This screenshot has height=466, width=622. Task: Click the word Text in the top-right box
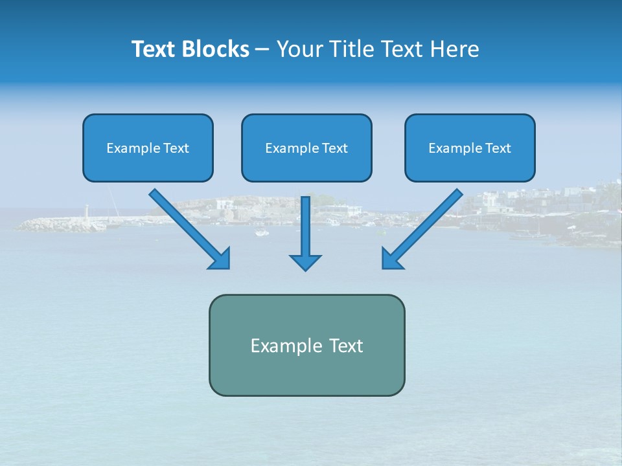[498, 148]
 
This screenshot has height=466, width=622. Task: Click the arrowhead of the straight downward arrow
[305, 261]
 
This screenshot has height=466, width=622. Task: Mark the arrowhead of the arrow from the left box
[220, 259]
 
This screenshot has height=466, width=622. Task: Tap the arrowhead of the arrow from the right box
[391, 259]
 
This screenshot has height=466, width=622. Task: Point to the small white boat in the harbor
[261, 233]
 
